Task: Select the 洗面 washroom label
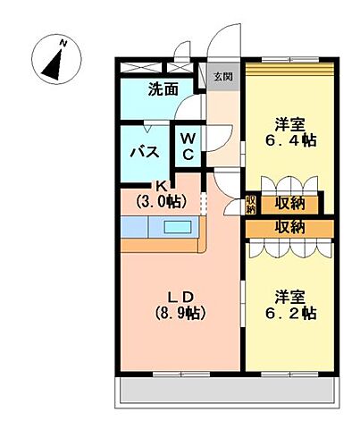pos(163,89)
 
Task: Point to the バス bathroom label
pos(146,152)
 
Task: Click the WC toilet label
pos(190,147)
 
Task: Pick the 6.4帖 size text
pos(288,140)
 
